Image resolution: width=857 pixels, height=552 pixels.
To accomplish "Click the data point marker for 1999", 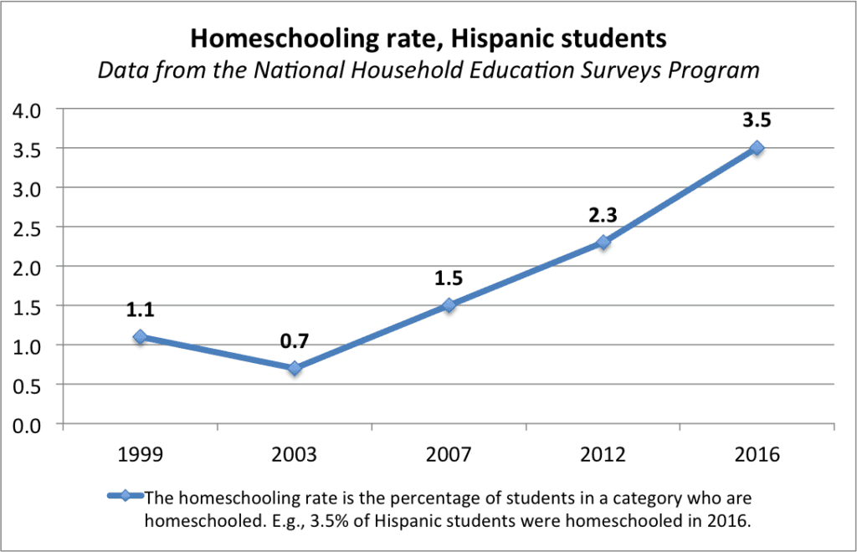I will pyautogui.click(x=140, y=337).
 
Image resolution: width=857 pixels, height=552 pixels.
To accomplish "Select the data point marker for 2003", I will pyautogui.click(x=295, y=368).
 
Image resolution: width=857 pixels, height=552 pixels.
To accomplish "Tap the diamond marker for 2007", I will pyautogui.click(x=449, y=305).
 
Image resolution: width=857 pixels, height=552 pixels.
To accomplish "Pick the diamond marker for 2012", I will pyautogui.click(x=603, y=243).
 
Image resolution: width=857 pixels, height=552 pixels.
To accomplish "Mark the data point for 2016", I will pyautogui.click(x=757, y=148).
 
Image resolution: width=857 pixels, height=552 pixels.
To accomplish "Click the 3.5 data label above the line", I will pyautogui.click(x=757, y=120).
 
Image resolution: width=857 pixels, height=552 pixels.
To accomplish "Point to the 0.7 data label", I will pyautogui.click(x=294, y=340).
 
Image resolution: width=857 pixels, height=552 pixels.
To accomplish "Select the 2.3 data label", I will pyautogui.click(x=603, y=214).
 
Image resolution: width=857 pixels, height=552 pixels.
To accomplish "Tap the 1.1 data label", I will pyautogui.click(x=140, y=309).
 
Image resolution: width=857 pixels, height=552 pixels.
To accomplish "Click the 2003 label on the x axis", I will pyautogui.click(x=295, y=456).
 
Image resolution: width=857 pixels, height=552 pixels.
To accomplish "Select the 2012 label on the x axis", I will pyautogui.click(x=603, y=456).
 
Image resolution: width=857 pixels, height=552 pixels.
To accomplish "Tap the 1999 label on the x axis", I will pyautogui.click(x=140, y=456).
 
